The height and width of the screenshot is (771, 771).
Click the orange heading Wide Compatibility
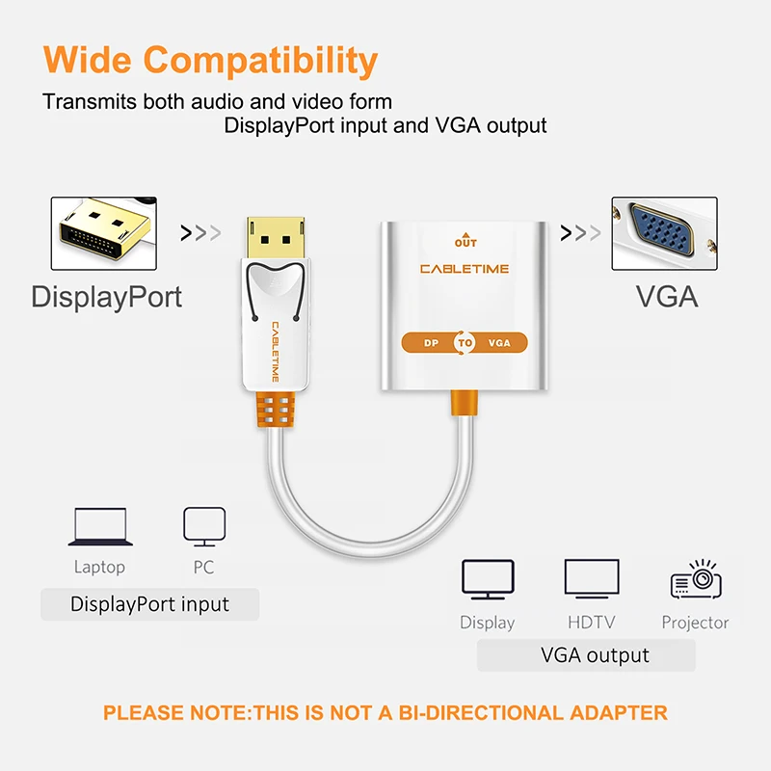(210, 61)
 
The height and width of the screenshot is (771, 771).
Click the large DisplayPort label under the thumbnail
(106, 296)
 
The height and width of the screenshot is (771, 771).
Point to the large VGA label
(667, 296)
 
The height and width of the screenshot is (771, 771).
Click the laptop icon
(99, 527)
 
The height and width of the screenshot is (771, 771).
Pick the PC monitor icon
(203, 526)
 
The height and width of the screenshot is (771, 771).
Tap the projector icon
(695, 580)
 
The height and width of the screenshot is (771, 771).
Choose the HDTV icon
(591, 580)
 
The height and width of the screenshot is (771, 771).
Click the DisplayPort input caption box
(149, 605)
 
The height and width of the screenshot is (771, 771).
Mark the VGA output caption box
(586, 655)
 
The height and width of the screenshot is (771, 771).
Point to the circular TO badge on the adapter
(465, 342)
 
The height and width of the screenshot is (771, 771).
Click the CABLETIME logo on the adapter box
(465, 269)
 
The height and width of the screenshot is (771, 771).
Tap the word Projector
(695, 623)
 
